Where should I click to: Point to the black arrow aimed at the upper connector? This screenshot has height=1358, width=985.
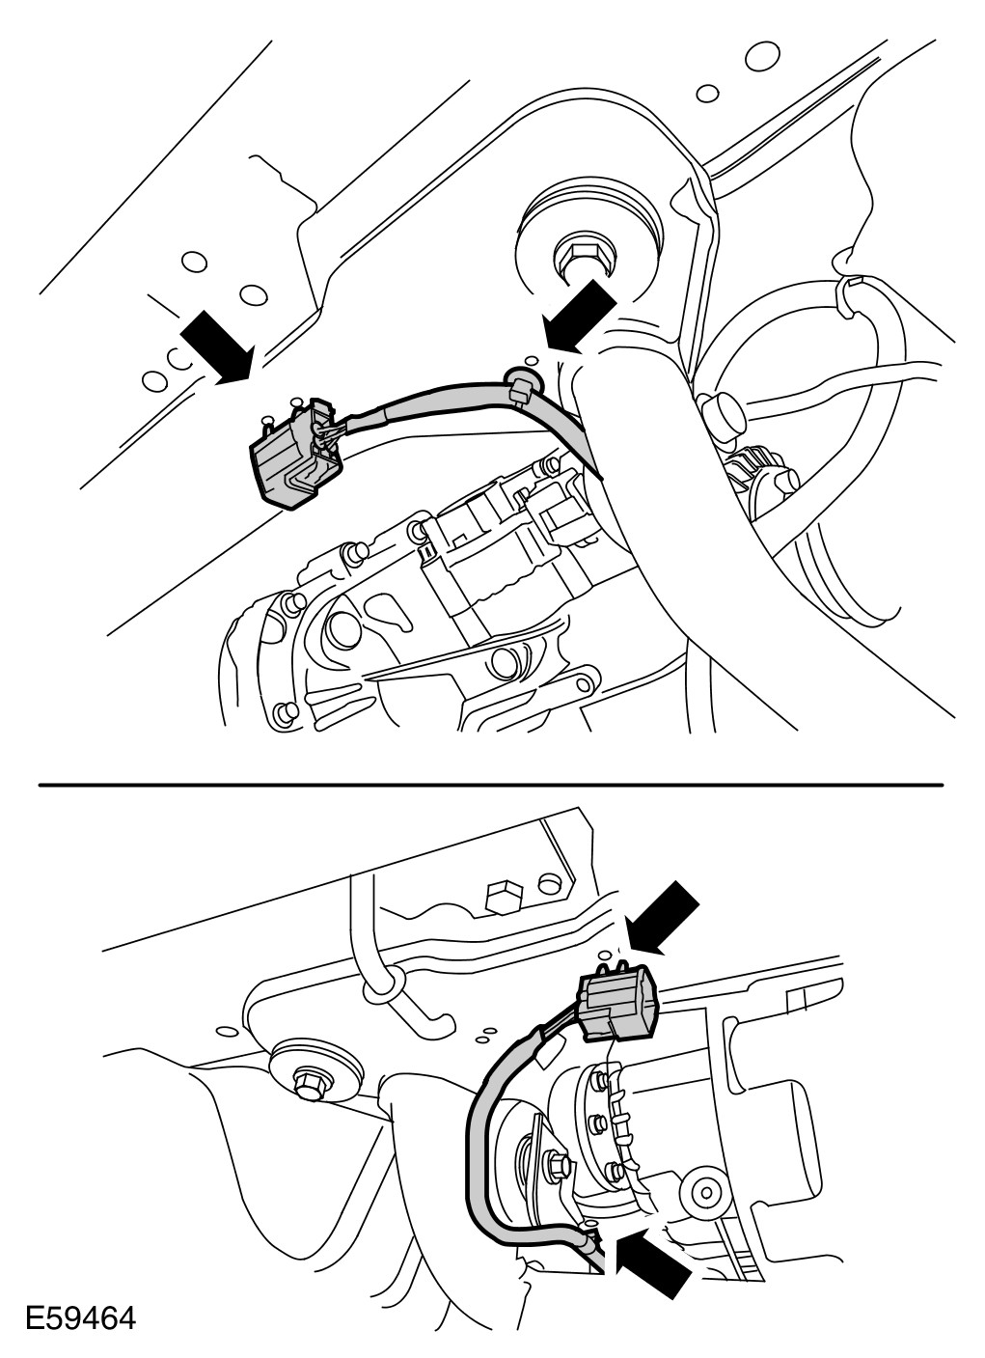coord(218,347)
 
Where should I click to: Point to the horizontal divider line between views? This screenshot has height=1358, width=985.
coord(491,785)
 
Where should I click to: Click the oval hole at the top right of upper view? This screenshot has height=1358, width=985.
coord(762,56)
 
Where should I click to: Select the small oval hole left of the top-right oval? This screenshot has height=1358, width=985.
coord(707,94)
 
